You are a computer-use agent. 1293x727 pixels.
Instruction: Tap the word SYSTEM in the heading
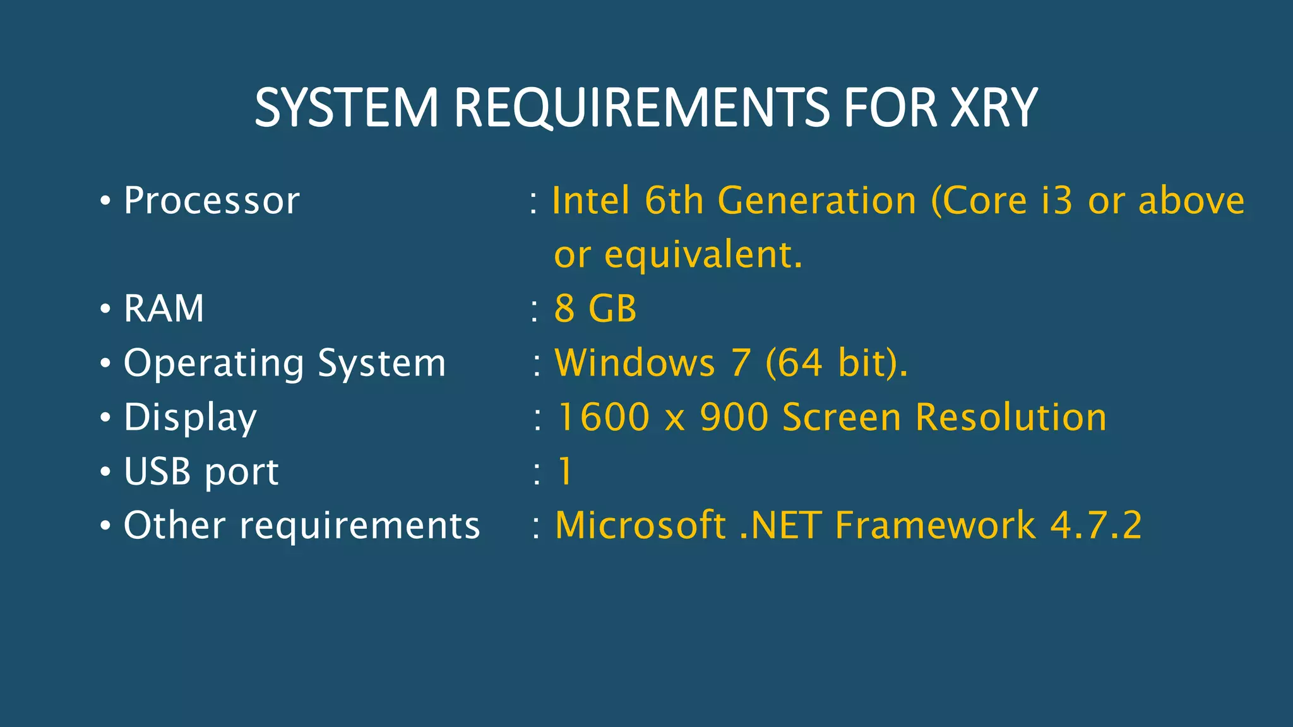(346, 108)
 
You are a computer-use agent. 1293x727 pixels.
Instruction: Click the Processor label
(212, 201)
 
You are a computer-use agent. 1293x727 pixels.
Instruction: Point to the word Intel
(591, 201)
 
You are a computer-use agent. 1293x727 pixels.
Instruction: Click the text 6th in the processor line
(674, 201)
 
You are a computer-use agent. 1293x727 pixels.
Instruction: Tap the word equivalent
(703, 256)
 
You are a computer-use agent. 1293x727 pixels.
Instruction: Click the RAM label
(164, 309)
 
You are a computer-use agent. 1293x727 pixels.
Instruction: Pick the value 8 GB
(595, 309)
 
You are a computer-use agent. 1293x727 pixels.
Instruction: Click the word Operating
(213, 364)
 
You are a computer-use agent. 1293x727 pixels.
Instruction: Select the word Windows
(635, 363)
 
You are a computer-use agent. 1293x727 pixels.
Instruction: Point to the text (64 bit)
(837, 363)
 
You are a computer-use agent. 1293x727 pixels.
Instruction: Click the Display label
(190, 418)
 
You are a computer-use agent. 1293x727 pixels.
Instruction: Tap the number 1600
(604, 418)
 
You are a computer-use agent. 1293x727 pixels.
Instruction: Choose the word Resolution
(1011, 418)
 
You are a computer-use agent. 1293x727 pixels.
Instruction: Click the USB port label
(201, 472)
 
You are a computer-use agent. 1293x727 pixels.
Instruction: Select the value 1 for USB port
(565, 472)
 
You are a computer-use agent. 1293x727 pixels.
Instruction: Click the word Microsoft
(640, 526)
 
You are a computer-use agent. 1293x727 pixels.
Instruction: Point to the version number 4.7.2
(1096, 526)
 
